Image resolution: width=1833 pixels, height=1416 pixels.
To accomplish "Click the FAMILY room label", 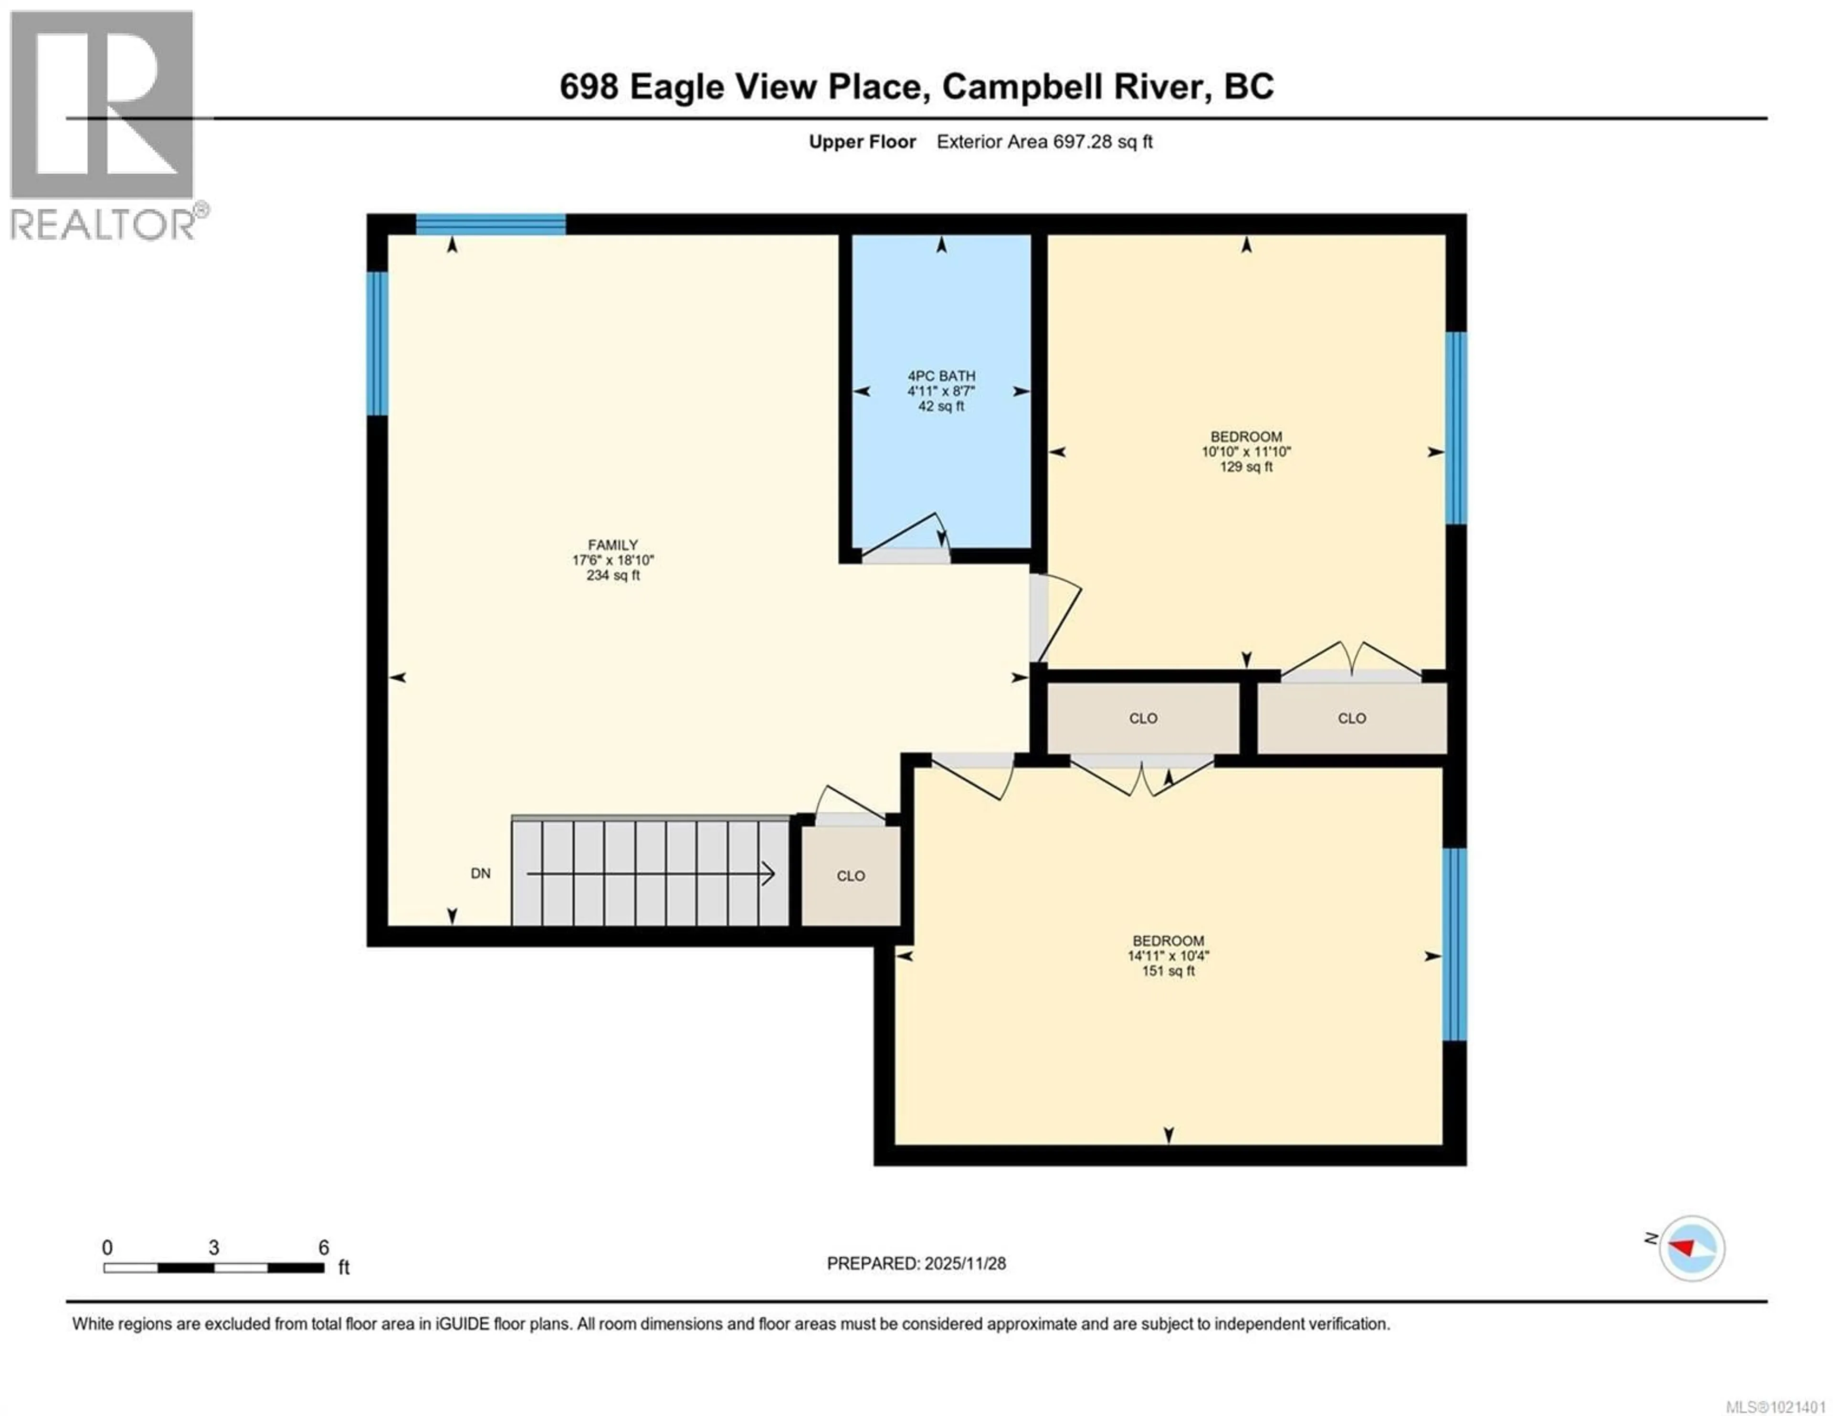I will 613,545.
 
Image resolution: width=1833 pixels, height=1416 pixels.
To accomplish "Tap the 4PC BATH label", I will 941,376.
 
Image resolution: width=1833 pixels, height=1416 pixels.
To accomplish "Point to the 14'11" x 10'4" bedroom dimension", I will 1168,956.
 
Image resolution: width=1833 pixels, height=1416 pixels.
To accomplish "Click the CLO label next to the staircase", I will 850,875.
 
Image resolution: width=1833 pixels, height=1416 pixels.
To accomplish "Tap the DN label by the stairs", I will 480,873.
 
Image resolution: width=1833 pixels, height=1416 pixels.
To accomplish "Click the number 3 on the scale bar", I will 214,1248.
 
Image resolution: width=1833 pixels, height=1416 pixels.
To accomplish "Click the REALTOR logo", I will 103,126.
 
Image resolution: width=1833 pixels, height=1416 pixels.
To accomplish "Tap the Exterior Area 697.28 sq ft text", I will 1044,142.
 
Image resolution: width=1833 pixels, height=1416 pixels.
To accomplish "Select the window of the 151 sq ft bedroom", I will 1454,944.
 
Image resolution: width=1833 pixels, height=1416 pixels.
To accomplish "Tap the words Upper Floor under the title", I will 862,142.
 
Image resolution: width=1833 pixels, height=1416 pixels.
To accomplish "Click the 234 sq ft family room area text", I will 613,575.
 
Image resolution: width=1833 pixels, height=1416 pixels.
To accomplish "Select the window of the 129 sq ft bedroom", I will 1456,428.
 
